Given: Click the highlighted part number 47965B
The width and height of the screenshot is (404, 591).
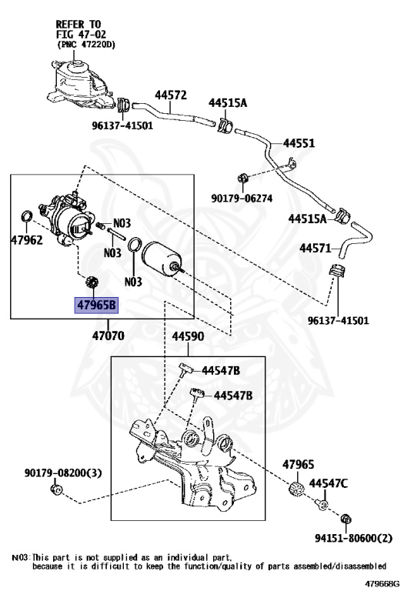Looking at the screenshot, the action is [97, 305].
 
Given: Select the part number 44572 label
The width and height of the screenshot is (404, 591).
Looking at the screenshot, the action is [171, 95].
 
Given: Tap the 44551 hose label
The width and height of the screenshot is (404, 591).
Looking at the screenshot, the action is [299, 143].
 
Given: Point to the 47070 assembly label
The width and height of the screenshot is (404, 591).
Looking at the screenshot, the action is [109, 335].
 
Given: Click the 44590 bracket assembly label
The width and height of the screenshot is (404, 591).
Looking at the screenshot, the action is [188, 336].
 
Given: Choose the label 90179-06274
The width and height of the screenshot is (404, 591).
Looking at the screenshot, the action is [242, 198].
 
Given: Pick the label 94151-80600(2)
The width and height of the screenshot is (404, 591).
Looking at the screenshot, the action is [353, 538].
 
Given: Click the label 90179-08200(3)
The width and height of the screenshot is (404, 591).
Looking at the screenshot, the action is [63, 472].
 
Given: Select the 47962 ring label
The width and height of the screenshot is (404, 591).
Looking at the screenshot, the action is [27, 240].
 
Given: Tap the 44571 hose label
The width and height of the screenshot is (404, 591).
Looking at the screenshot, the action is [315, 248].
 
